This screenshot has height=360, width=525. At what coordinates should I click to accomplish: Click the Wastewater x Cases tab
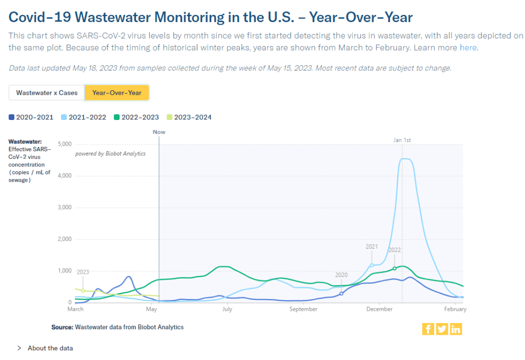[47, 93]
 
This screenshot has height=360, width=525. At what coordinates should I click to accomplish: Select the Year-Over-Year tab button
[116, 93]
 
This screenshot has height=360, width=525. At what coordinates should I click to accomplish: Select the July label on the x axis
[227, 309]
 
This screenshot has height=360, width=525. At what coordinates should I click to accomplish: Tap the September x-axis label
[303, 309]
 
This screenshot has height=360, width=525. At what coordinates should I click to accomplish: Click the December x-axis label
[379, 309]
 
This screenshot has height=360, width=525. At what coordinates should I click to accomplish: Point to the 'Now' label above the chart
[159, 132]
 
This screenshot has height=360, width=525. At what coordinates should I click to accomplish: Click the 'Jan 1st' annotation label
[402, 140]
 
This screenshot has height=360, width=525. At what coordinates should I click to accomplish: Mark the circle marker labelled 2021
[372, 265]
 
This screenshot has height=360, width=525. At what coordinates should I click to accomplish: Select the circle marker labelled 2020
[341, 293]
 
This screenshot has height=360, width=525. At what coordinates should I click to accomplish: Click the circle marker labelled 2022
[394, 268]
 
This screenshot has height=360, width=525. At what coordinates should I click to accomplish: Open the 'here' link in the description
[468, 48]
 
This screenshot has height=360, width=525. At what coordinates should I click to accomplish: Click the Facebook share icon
[428, 329]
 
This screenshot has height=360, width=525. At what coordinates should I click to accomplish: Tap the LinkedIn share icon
[456, 329]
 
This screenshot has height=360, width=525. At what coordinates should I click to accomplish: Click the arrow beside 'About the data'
[20, 348]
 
